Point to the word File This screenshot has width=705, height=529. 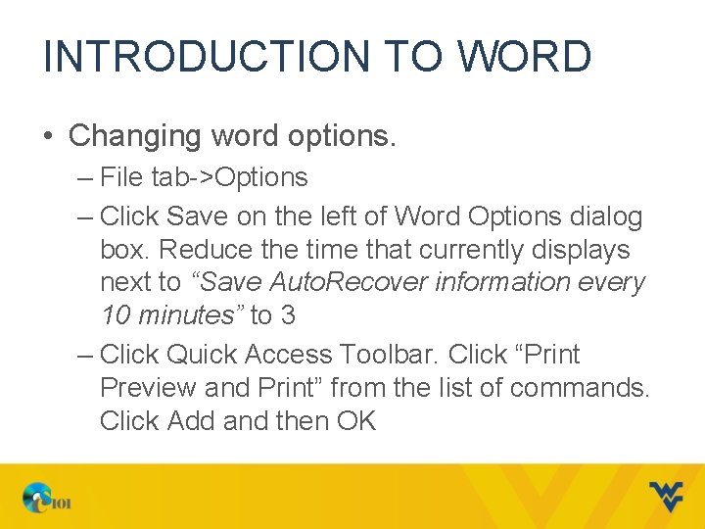(121, 177)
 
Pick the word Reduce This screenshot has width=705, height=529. (210, 250)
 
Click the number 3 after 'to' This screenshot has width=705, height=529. (287, 315)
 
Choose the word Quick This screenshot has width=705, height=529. (202, 354)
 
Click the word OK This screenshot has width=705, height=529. (356, 420)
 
